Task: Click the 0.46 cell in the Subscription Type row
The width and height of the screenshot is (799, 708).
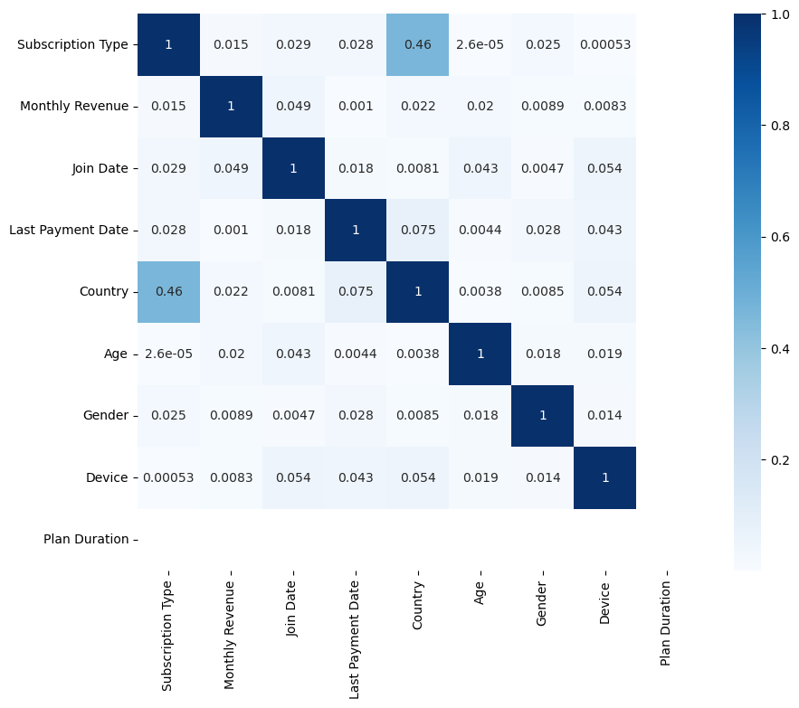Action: [x=417, y=45]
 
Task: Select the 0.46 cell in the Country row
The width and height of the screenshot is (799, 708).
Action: [x=168, y=292]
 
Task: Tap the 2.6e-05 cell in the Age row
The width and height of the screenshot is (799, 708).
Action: [x=168, y=354]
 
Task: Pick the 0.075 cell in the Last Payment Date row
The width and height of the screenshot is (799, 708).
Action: [x=417, y=231]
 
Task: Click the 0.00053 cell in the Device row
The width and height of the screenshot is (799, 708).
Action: [x=168, y=477]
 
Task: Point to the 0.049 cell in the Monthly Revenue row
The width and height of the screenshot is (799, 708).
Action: [x=293, y=107]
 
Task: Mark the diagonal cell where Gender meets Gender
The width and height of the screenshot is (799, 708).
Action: [x=542, y=416]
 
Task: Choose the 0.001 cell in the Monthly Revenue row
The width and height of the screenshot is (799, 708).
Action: [x=355, y=107]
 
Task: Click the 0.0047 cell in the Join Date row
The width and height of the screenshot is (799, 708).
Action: [x=542, y=168]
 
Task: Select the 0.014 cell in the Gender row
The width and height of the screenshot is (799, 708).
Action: [x=604, y=416]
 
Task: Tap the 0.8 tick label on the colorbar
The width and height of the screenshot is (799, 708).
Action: [x=780, y=126]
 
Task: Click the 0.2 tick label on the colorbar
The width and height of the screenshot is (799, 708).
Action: [x=780, y=460]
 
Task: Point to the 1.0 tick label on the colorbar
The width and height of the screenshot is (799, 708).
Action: [x=780, y=14]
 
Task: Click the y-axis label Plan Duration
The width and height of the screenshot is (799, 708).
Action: [x=86, y=540]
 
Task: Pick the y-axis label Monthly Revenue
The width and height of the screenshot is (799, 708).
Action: [x=74, y=107]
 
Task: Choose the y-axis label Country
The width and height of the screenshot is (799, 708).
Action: [x=104, y=292]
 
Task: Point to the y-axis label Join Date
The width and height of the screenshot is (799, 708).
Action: [x=99, y=168]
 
